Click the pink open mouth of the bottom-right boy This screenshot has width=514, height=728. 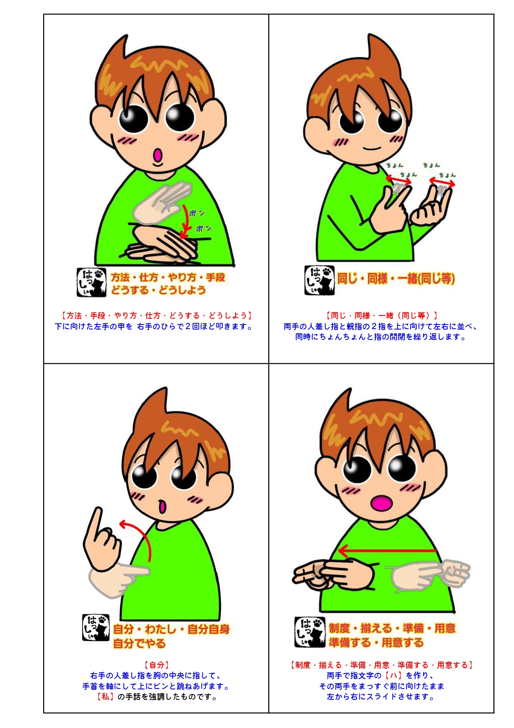[382, 503]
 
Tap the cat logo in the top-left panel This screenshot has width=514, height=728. [91, 282]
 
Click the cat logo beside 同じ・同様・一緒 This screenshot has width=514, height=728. [319, 280]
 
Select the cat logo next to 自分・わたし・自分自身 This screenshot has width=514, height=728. [96, 627]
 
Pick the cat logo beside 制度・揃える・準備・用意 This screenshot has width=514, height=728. [309, 632]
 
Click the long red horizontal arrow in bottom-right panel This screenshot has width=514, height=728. [387, 551]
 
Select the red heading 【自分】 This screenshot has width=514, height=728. [156, 665]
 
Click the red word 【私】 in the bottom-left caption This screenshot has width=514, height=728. [105, 696]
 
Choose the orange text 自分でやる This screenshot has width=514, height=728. [139, 644]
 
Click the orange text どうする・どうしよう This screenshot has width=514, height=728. [158, 290]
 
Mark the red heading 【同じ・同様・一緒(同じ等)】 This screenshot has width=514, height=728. [381, 315]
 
